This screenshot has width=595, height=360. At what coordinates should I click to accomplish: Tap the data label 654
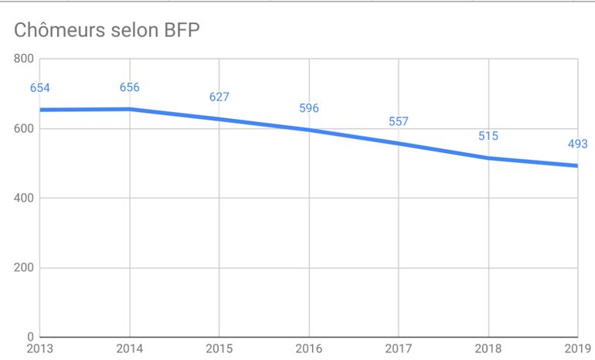40,88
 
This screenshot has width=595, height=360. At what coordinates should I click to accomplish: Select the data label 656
130,87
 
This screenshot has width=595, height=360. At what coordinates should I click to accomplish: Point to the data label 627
219,97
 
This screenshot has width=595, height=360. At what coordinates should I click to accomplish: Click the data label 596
309,108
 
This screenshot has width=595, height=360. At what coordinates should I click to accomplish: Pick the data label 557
399,121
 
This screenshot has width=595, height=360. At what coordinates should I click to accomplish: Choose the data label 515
488,136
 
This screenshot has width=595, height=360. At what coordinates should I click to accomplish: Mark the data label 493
577,144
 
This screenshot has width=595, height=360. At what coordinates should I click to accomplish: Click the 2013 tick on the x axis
40,349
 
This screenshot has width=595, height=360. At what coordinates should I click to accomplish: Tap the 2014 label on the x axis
130,349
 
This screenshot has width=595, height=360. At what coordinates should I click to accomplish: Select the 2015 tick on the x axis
219,349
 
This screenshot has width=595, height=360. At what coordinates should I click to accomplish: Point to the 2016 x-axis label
309,349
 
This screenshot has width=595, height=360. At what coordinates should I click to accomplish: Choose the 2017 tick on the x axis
399,349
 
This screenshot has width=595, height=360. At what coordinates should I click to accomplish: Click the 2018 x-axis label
488,349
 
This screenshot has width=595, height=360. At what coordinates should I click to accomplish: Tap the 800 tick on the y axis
24,59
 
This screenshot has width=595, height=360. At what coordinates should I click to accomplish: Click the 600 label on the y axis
24,128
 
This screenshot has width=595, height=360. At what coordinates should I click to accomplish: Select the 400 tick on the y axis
24,199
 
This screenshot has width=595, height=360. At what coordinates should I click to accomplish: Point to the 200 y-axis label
24,268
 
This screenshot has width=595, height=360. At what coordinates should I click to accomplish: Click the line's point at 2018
488,158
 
